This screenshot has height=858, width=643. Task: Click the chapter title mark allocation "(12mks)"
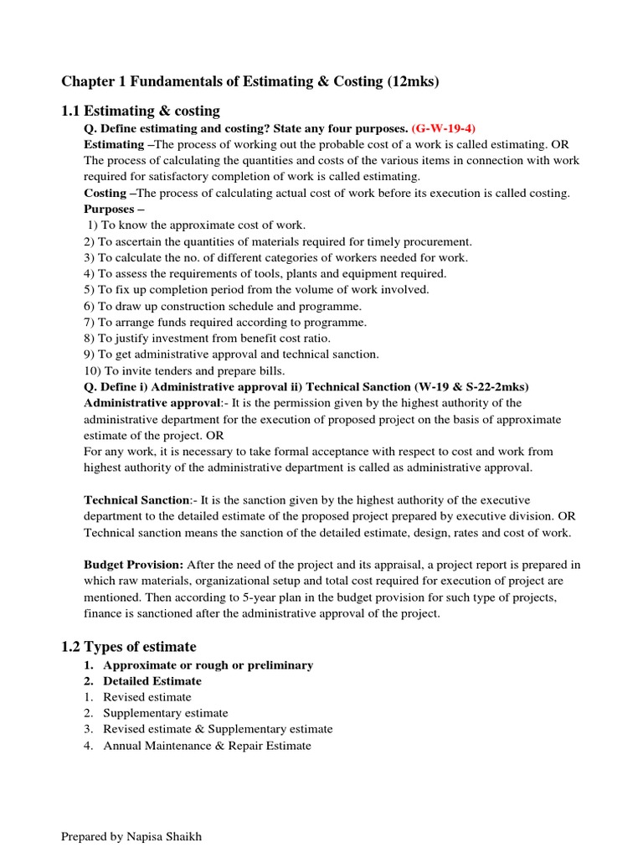point(413,81)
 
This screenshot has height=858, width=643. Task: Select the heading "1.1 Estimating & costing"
point(141,111)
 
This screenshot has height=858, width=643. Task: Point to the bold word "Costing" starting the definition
point(104,193)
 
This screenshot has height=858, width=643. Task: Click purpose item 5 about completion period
point(256,289)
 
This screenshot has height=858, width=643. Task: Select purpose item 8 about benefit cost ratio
point(207,338)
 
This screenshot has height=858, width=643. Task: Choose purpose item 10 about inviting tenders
point(184,370)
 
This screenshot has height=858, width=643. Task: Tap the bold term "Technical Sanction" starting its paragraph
point(136,500)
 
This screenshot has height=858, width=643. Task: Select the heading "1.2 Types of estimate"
point(129,646)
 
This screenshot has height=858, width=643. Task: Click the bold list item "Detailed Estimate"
point(152,681)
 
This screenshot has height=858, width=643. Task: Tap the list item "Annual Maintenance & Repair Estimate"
point(207,745)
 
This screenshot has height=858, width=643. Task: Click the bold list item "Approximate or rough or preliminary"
point(208,664)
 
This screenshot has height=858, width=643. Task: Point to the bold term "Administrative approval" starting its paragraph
point(151,402)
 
